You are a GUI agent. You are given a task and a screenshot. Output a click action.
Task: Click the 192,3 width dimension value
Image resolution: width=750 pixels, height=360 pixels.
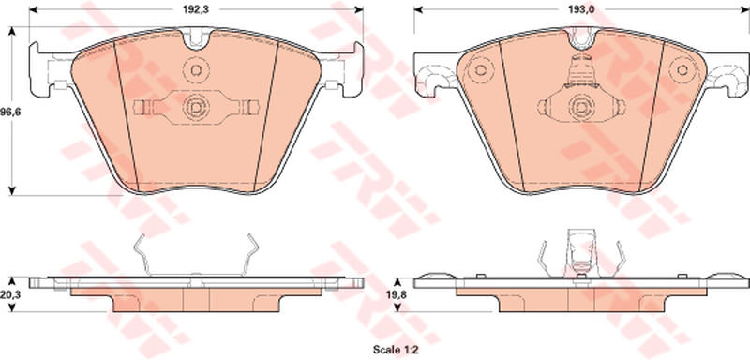pos(196,9)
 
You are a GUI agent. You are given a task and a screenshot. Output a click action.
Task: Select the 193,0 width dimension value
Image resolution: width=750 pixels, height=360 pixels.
pos(581,9)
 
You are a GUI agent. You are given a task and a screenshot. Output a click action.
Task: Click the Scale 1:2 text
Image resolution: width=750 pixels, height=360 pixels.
pos(396,351)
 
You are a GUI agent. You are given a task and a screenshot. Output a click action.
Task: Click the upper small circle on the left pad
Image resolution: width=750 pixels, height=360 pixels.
pos(196,69)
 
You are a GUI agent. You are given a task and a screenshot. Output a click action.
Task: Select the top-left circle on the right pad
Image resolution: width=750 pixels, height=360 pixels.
pos(479,70)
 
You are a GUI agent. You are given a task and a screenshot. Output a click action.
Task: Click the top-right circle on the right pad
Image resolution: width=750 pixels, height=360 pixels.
pos(682,69)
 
